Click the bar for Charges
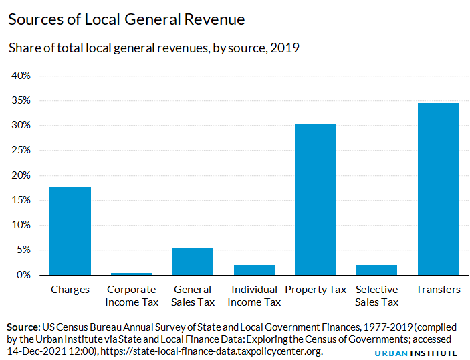click(x=70, y=231)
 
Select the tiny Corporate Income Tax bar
click(x=132, y=274)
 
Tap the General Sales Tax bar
click(x=193, y=262)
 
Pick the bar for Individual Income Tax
click(x=254, y=270)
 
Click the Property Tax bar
click(x=315, y=199)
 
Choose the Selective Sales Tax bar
click(x=376, y=270)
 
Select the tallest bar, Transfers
click(x=438, y=189)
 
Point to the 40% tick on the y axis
click(x=21, y=76)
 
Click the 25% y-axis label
click(x=21, y=151)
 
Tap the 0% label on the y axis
click(x=24, y=275)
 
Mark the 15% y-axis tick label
click(x=21, y=200)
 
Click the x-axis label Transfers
click(x=438, y=290)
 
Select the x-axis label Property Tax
click(x=315, y=290)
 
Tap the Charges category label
click(x=70, y=290)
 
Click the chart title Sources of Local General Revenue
click(x=126, y=19)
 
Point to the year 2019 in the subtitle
click(x=285, y=48)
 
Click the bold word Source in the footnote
click(x=23, y=327)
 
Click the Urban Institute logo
click(x=415, y=353)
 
